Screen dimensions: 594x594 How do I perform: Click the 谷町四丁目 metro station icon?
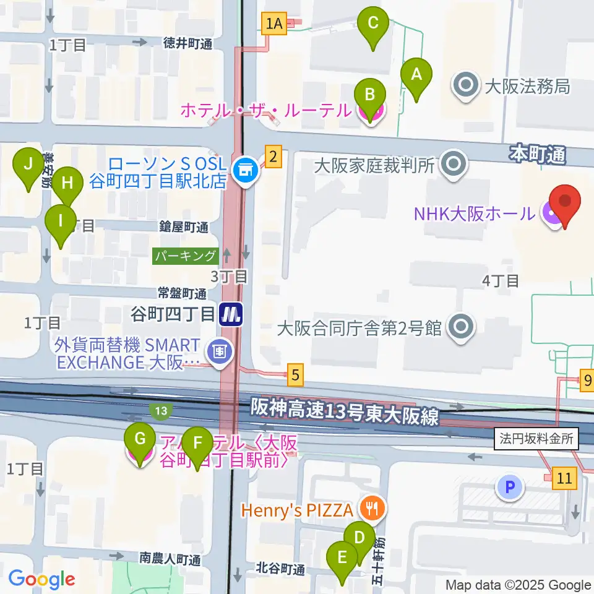point(231,315)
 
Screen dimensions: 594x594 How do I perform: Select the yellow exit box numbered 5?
point(296,374)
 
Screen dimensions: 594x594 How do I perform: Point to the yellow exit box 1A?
point(273,24)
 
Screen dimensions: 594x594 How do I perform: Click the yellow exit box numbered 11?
point(564,478)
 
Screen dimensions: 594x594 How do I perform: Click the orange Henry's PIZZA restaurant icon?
point(372,509)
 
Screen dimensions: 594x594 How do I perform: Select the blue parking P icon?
point(509,487)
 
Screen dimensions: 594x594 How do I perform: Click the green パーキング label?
point(186,256)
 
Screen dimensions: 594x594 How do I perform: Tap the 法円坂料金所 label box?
point(537,440)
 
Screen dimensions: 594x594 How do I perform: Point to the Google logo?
point(41,580)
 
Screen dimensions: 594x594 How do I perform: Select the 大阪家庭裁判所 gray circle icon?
point(455,165)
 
